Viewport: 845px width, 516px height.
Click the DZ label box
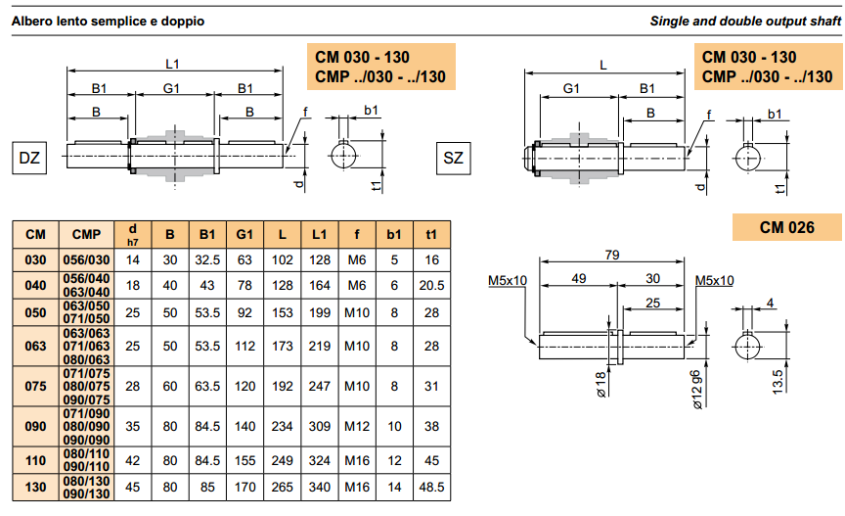point(29,158)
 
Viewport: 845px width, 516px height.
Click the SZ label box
point(454,158)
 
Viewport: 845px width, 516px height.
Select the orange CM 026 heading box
point(786,227)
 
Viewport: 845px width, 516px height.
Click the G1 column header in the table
point(245,234)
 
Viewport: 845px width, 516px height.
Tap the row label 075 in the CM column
point(35,386)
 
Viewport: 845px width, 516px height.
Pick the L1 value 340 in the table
point(319,486)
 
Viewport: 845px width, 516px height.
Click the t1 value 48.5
point(431,486)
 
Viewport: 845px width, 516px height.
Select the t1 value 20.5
point(431,285)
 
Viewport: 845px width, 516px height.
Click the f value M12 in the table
point(357,426)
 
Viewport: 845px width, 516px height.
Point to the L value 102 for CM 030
point(282,259)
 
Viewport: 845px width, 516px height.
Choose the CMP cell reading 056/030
point(86,259)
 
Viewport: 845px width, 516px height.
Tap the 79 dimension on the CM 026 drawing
point(612,256)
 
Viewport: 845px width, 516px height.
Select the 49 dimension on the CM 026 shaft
point(578,279)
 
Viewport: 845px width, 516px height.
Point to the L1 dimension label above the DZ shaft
point(173,65)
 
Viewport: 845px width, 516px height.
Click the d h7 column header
point(133,234)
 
